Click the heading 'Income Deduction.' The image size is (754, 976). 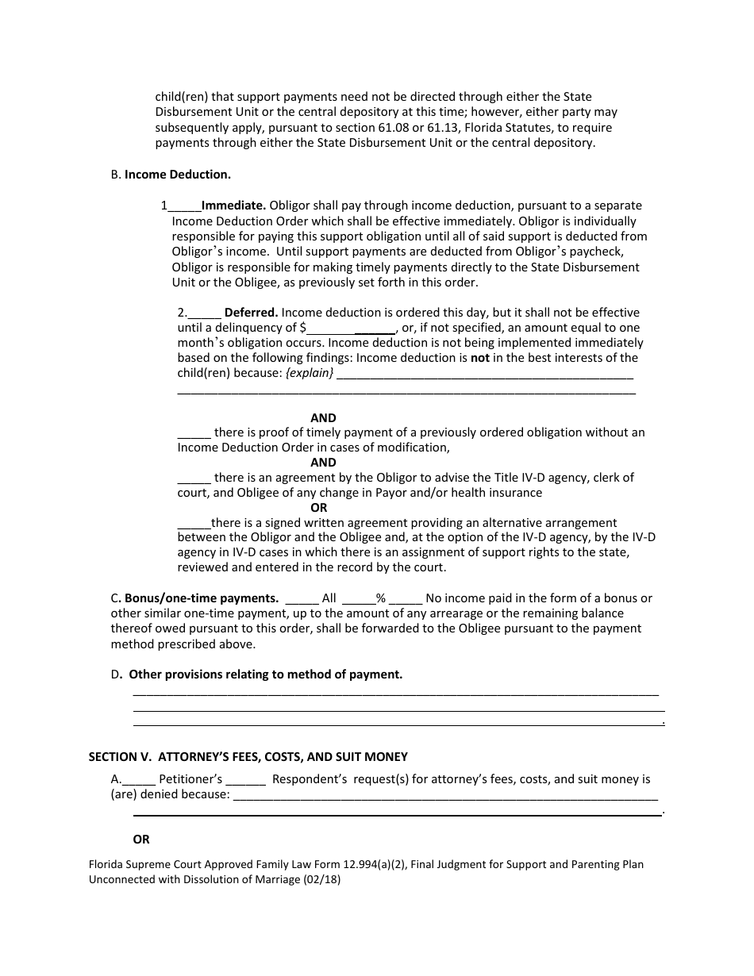pos(178,175)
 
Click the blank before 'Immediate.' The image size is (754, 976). pos(184,206)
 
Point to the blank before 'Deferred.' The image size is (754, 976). pos(206,313)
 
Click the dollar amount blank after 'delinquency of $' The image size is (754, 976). pos(351,328)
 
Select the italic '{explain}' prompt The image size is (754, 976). pos(310,373)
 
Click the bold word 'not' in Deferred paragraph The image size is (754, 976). pos(480,358)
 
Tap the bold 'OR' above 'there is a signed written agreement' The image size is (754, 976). pos(318,508)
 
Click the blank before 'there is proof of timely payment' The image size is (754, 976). pos(194,433)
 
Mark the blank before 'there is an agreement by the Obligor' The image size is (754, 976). pos(194,478)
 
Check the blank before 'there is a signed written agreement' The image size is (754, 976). pos(194,524)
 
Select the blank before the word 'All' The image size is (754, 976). pos(301,599)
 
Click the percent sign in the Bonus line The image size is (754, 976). pos(380,598)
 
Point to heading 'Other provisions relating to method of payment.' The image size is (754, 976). pos(266,674)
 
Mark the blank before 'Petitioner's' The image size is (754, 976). pos(138,780)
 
